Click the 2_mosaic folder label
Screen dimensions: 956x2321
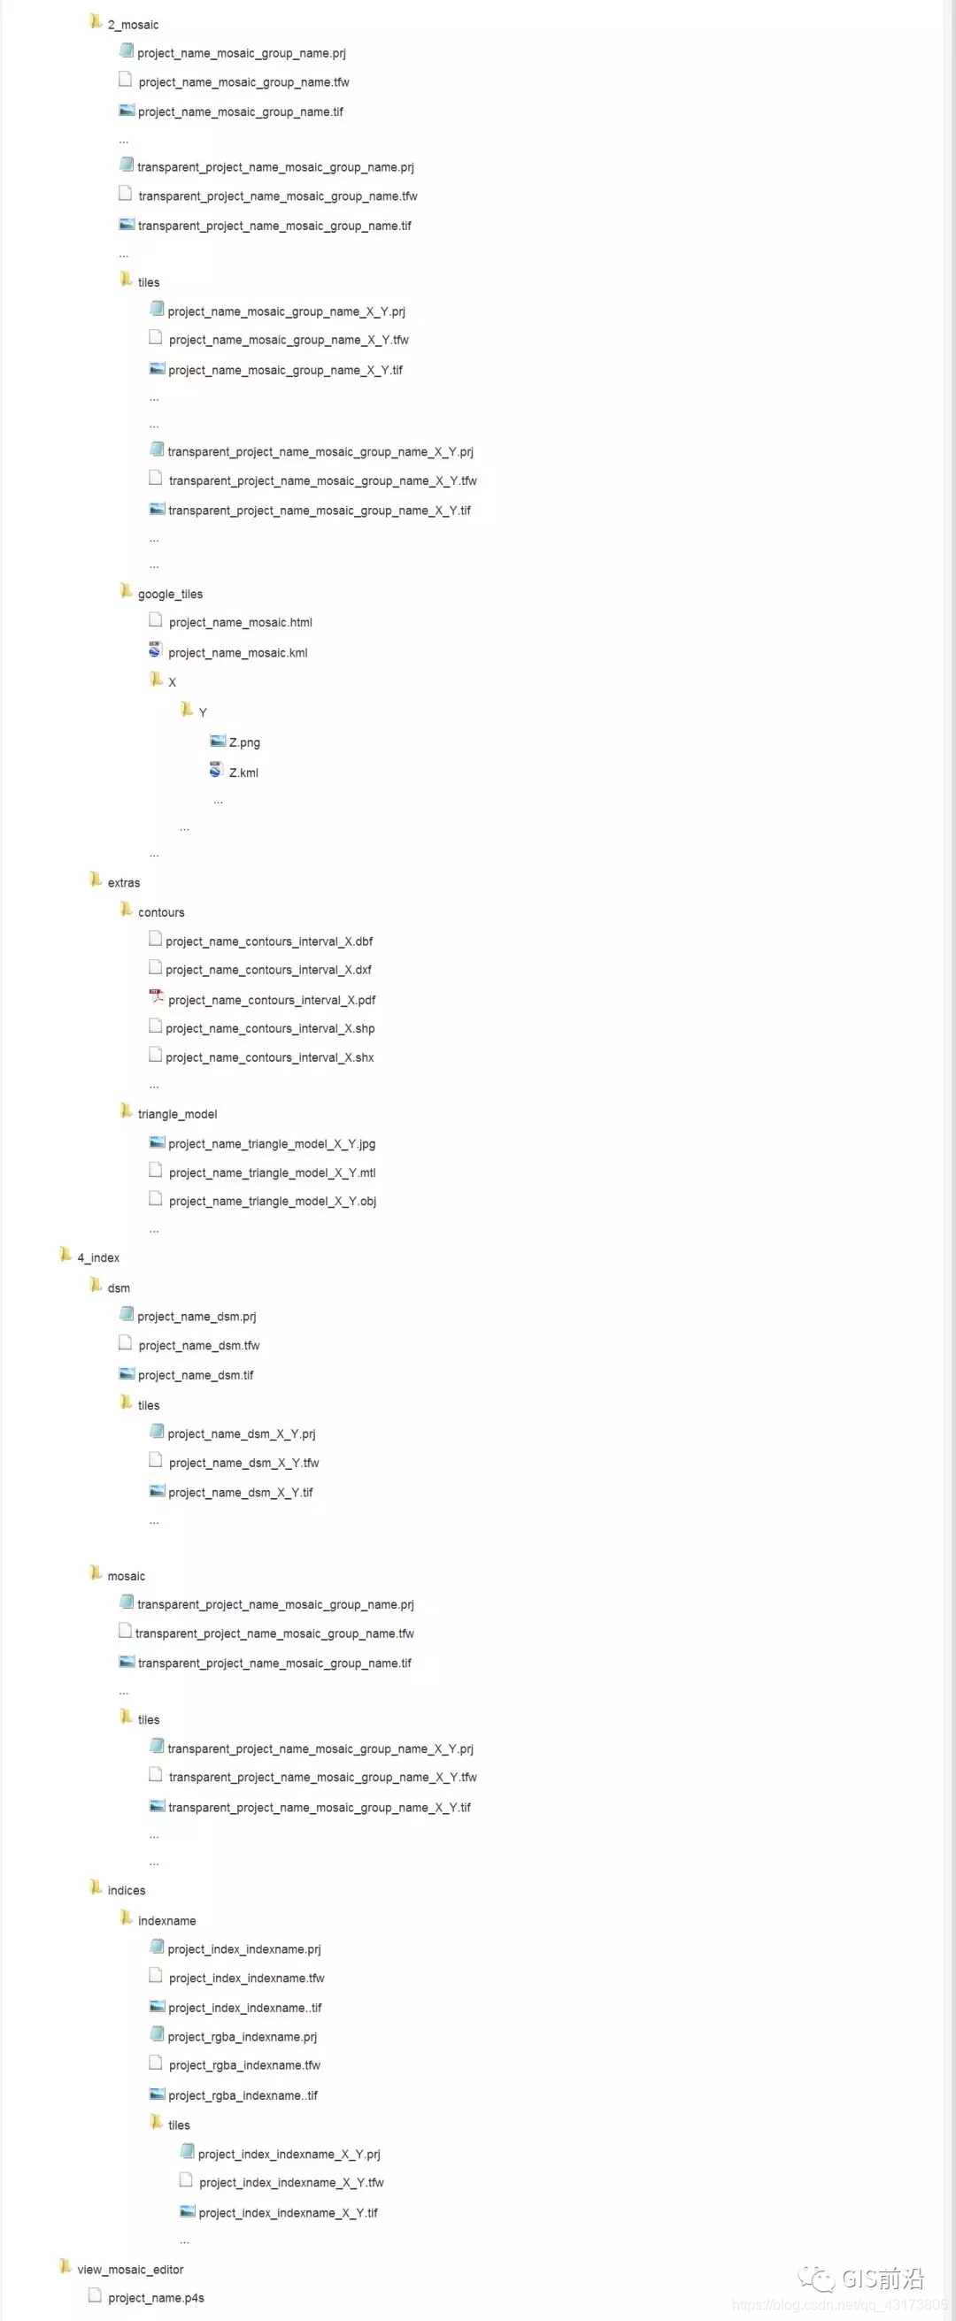[133, 24]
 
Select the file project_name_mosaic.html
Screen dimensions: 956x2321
[240, 622]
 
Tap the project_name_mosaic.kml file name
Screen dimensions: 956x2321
[237, 652]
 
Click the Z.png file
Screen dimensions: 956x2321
[243, 742]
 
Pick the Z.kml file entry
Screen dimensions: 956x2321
[243, 772]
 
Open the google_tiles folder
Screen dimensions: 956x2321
[169, 594]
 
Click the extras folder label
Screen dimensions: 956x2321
[123, 882]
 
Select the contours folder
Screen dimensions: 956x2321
[160, 911]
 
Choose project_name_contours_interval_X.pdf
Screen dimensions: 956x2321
[271, 999]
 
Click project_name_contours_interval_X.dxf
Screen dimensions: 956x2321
[267, 970]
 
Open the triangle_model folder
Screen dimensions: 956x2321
[177, 1114]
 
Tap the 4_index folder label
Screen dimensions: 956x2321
[98, 1257]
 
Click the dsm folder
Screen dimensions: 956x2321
[118, 1287]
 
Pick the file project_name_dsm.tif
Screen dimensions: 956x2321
[196, 1375]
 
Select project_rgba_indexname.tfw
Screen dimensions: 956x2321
[244, 2064]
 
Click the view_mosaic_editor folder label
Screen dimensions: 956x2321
[130, 2269]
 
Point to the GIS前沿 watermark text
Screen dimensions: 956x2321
[883, 2279]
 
